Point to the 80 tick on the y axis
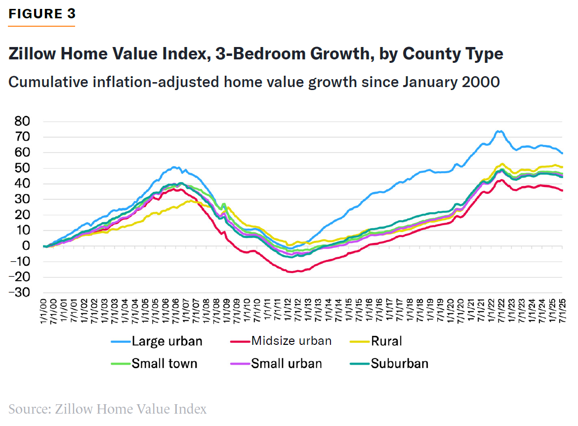tap(23, 122)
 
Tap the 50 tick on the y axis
tap(23, 168)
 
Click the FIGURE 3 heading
tap(42, 14)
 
